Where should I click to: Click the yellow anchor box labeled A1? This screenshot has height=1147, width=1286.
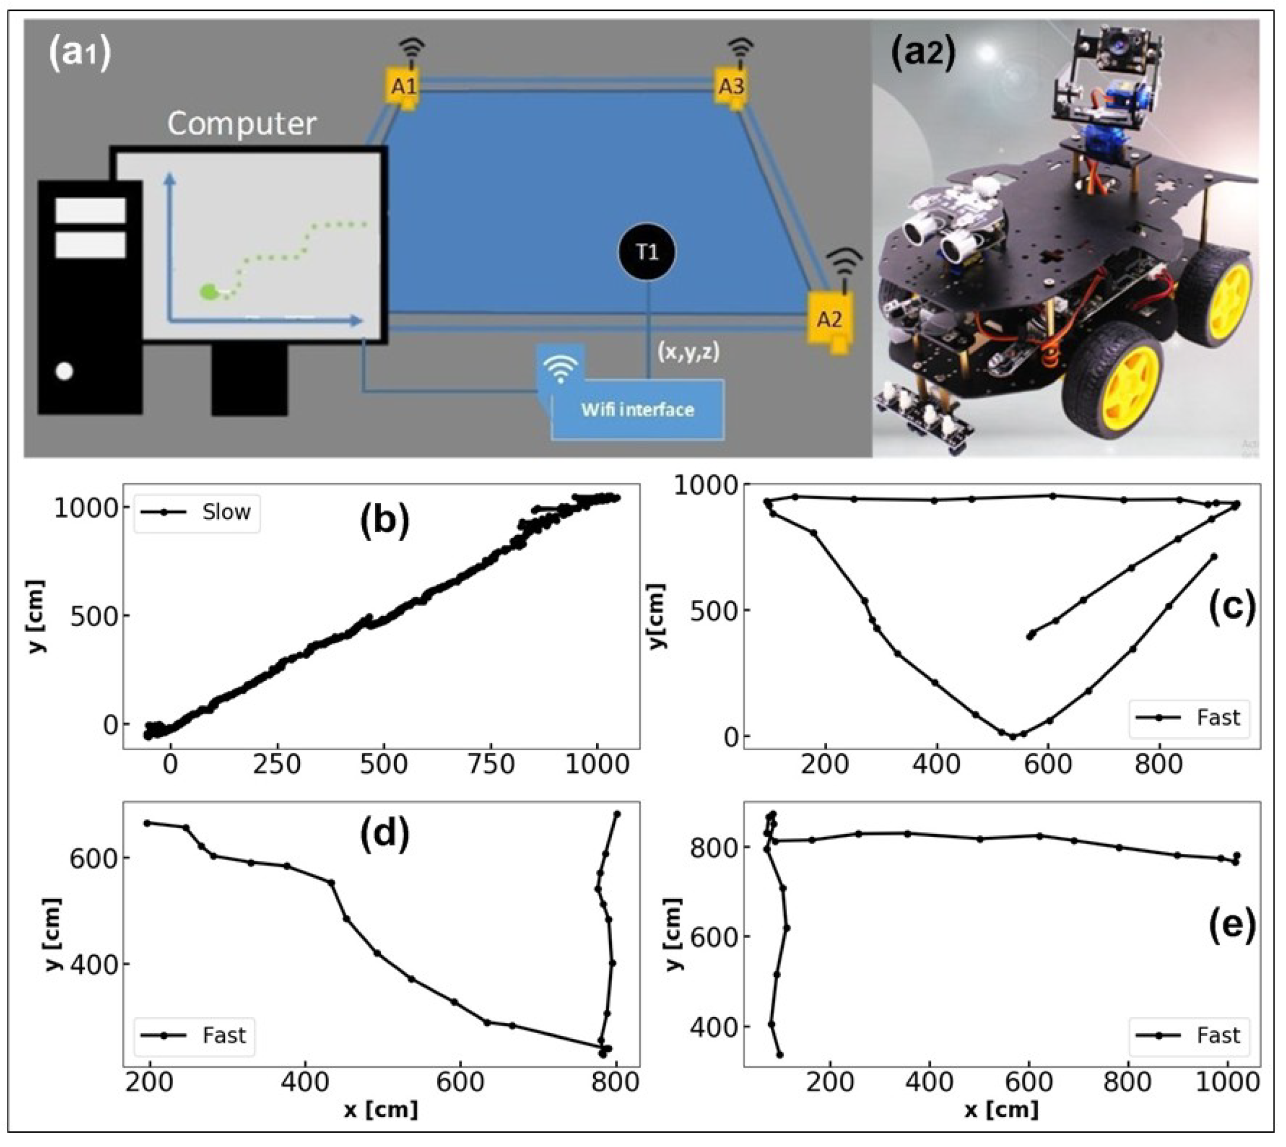coord(404,87)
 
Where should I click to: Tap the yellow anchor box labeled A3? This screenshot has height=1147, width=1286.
coord(732,87)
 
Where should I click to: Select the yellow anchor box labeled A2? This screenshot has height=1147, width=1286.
coord(830,320)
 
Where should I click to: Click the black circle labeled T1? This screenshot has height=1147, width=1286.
coord(647,252)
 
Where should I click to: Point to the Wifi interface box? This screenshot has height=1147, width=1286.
coord(636,410)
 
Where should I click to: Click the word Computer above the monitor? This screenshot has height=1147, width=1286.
coord(241,124)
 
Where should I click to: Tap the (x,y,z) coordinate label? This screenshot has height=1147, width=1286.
coord(688,352)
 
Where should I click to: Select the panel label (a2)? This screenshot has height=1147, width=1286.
coord(922,55)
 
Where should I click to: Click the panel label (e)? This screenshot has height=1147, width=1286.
coord(1232,924)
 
